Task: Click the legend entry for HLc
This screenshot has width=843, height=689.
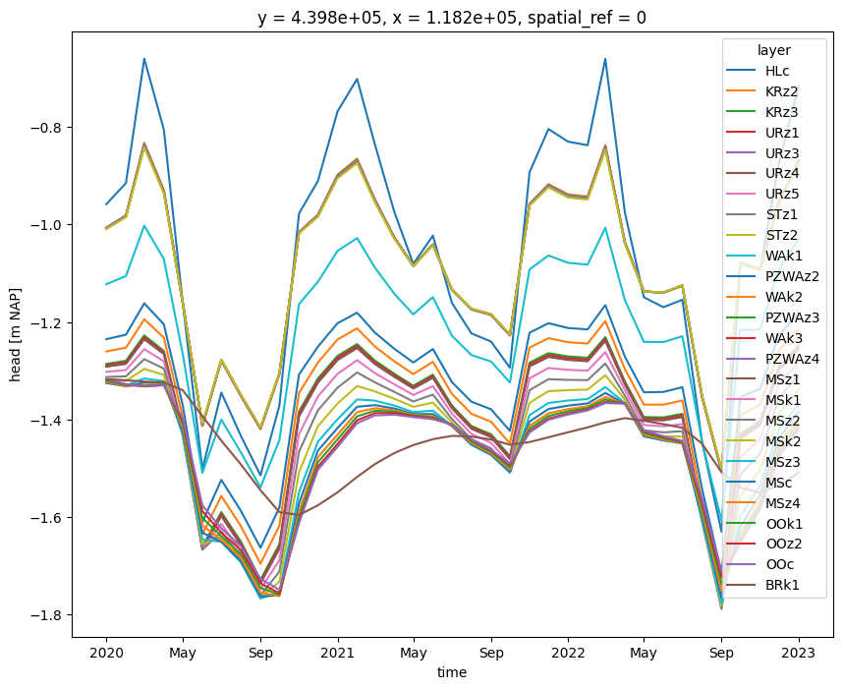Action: click(x=777, y=71)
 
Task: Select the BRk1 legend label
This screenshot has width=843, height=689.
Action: click(x=782, y=585)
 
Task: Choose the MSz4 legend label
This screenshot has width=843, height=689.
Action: click(x=783, y=503)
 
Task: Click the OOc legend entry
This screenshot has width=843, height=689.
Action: click(x=779, y=564)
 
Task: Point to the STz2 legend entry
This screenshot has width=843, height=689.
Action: click(x=782, y=235)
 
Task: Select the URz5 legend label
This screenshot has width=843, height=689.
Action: click(x=782, y=194)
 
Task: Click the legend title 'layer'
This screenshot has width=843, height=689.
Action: click(x=774, y=50)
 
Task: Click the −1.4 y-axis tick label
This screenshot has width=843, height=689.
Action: click(x=47, y=420)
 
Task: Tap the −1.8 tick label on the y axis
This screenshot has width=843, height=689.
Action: click(x=47, y=614)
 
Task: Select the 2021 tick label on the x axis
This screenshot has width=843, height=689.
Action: click(x=338, y=653)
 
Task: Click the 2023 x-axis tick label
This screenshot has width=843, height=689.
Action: click(x=799, y=653)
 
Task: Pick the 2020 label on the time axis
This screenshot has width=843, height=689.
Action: click(x=106, y=653)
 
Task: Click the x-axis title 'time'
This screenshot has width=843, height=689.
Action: click(x=452, y=672)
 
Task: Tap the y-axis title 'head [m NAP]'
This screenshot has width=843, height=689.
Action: click(x=15, y=334)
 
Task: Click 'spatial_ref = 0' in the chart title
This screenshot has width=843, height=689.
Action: click(x=588, y=19)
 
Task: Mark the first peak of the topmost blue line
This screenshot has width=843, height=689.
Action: click(x=144, y=59)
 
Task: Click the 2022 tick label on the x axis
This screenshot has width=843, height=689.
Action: click(x=568, y=653)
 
